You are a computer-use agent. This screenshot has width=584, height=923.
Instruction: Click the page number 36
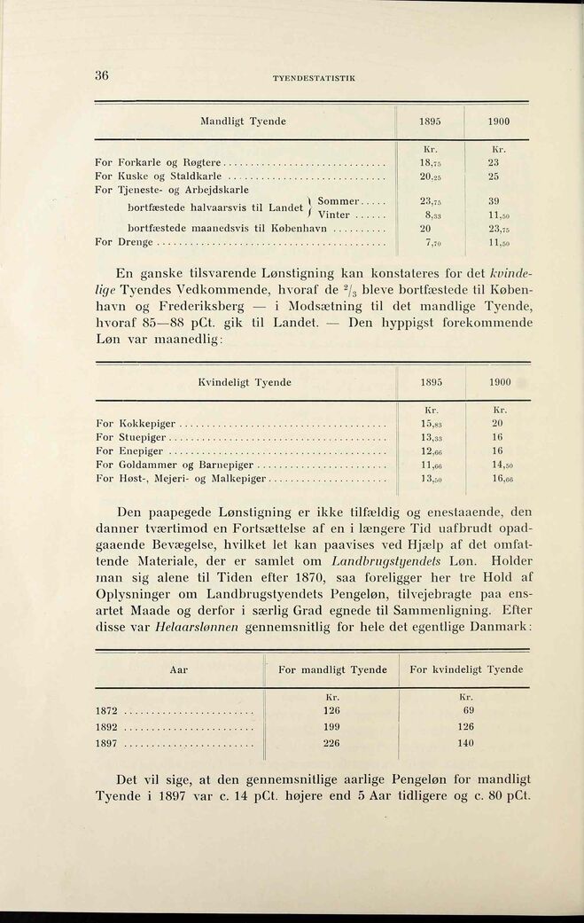click(x=101, y=76)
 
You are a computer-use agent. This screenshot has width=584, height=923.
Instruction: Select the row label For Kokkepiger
click(x=135, y=424)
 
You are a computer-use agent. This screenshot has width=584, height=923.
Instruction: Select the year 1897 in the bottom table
click(x=107, y=744)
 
